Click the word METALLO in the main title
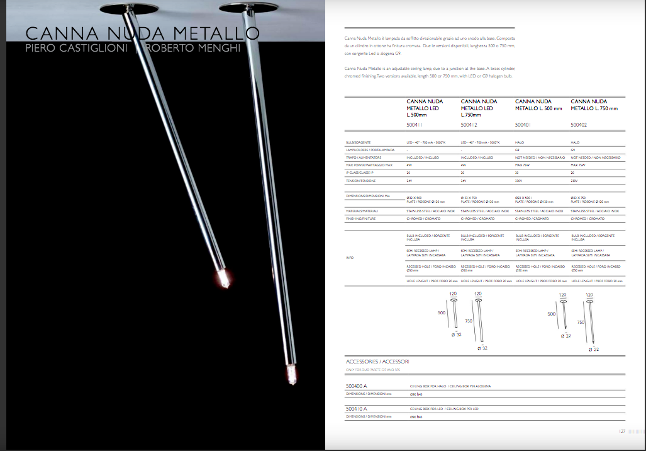pos(211,33)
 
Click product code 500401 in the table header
pos(523,125)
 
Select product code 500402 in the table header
pos(579,125)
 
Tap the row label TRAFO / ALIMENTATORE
pos(364,157)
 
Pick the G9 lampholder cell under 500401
pos(518,150)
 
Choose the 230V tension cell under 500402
pos(574,180)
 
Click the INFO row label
pos(350,258)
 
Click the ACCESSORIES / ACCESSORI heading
pos(377,362)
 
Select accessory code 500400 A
pos(357,385)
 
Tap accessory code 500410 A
pos(357,409)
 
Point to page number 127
pos(621,431)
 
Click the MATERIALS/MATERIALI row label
pos(362,211)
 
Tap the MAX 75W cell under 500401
pos(521,164)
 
